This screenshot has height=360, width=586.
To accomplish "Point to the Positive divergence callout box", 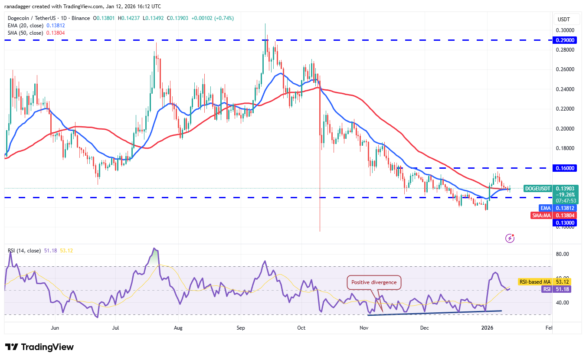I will pyautogui.click(x=374, y=282).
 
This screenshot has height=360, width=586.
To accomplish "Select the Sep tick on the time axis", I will pyautogui.click(x=241, y=328).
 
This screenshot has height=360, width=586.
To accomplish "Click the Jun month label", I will pyautogui.click(x=55, y=328).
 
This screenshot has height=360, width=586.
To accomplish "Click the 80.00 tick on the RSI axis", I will pyautogui.click(x=563, y=254).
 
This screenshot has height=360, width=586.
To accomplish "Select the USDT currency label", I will pyautogui.click(x=563, y=20).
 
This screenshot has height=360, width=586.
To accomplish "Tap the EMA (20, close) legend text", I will pyautogui.click(x=25, y=26).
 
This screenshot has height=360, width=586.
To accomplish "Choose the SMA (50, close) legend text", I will pyautogui.click(x=26, y=33).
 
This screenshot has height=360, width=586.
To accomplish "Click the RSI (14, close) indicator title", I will pyautogui.click(x=24, y=251).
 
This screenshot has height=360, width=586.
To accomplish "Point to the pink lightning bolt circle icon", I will pyautogui.click(x=510, y=238).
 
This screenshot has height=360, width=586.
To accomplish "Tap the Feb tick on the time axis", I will pyautogui.click(x=549, y=328).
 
